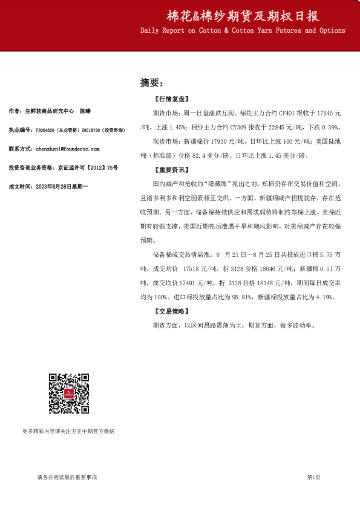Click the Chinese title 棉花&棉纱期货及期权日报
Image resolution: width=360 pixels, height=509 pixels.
point(243,16)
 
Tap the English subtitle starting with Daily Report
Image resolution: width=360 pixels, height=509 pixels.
point(243,30)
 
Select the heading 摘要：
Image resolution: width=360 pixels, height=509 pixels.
point(151,82)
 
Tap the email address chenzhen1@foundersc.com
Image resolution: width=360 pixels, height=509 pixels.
point(68,148)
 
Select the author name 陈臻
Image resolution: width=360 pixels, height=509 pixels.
point(86,112)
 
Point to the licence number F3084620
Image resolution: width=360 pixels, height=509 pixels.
point(48,130)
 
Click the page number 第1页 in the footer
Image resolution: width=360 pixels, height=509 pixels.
point(313,478)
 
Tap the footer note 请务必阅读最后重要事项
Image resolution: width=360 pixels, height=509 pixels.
point(67,478)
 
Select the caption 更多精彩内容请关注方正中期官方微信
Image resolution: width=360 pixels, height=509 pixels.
point(68,431)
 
